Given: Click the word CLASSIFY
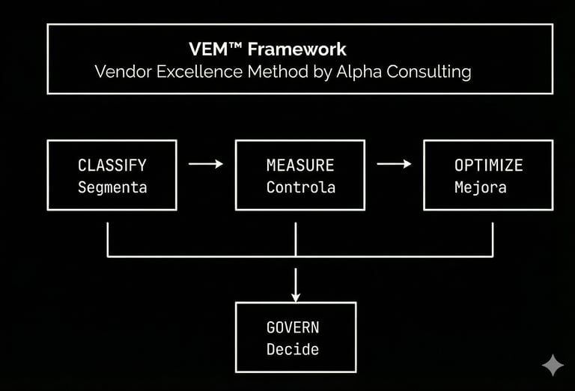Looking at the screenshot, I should pyautogui.click(x=112, y=165).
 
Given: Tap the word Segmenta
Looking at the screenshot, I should pyautogui.click(x=112, y=187).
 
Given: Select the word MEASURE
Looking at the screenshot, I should pyautogui.click(x=300, y=165).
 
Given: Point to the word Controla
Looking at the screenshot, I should pyautogui.click(x=300, y=187).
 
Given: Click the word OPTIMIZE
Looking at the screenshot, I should pyautogui.click(x=488, y=165).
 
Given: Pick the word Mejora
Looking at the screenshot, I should pyautogui.click(x=480, y=187).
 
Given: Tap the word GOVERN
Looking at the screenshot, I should pyautogui.click(x=293, y=327).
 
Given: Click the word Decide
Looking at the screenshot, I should pyautogui.click(x=293, y=349).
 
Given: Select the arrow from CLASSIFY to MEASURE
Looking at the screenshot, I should pyautogui.click(x=206, y=163).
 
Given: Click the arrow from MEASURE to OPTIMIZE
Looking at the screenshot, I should pyautogui.click(x=394, y=163).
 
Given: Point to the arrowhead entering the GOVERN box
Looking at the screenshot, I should pyautogui.click(x=296, y=294).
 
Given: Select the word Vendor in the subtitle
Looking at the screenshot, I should pyautogui.click(x=120, y=72).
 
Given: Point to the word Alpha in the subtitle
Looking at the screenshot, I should pyautogui.click(x=339, y=72).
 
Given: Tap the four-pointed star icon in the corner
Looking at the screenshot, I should pyautogui.click(x=553, y=365).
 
